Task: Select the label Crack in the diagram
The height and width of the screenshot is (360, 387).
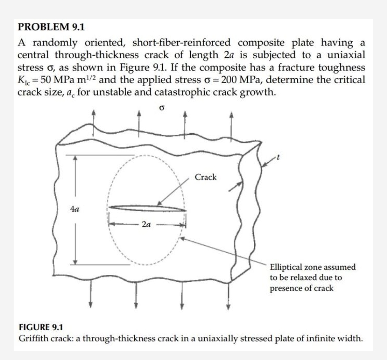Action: point(206,177)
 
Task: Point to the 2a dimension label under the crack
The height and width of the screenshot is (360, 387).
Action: point(146,225)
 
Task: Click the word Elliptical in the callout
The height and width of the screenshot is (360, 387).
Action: point(286,267)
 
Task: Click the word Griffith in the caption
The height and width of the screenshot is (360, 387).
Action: point(32,338)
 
